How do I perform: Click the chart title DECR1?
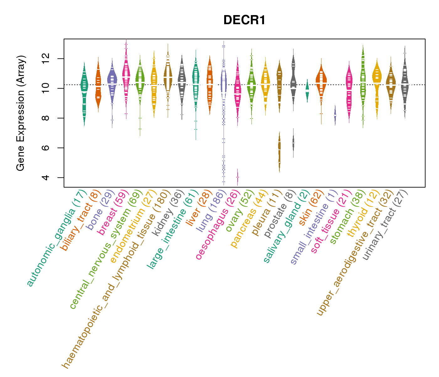pos(244,20)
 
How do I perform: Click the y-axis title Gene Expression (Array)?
pos(21,113)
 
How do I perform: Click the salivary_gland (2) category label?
pos(287,226)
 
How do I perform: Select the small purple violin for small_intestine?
pos(335,115)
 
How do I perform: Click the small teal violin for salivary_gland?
pos(307,90)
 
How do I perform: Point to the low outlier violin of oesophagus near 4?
pos(237,177)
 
